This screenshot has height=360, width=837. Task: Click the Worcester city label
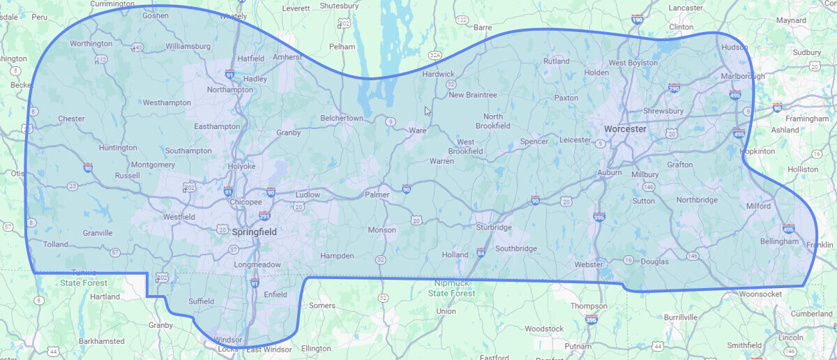[x=626, y=129]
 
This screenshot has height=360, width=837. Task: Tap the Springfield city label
[x=254, y=232]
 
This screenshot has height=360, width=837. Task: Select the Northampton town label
[x=229, y=89]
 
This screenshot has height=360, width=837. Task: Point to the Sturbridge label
[x=494, y=227]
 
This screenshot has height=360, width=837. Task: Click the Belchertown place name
[x=342, y=119]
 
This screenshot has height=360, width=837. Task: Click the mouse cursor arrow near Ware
[x=428, y=110]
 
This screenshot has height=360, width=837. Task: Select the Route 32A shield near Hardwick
[x=435, y=54]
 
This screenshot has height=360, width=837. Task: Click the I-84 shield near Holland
[x=481, y=252]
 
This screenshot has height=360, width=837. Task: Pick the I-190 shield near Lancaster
[x=637, y=20]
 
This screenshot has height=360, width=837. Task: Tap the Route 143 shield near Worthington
[x=137, y=47]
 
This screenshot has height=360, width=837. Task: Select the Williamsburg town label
[x=188, y=47]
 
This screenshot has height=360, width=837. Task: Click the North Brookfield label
[x=492, y=121]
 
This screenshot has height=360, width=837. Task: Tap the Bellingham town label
[x=779, y=241]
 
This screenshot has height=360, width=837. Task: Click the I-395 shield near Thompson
[x=591, y=320]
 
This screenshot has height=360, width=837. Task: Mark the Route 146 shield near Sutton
[x=649, y=187]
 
